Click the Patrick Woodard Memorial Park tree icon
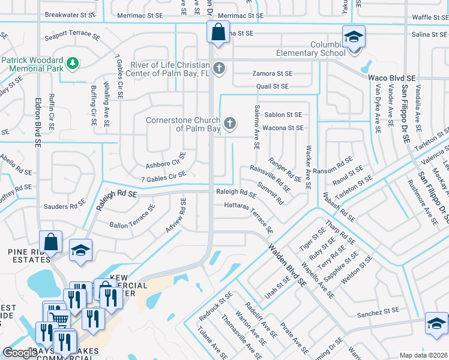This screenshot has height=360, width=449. (x=72, y=62)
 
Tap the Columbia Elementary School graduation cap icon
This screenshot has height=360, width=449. (x=354, y=37)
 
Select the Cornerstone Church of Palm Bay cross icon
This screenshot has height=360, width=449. (x=229, y=124)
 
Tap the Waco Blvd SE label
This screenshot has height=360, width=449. (x=391, y=78)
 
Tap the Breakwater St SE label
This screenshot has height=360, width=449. (x=70, y=14)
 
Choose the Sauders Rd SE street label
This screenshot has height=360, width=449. (x=65, y=206)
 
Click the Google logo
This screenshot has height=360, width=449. (x=19, y=353)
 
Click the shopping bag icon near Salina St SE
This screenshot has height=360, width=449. (x=218, y=32)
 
